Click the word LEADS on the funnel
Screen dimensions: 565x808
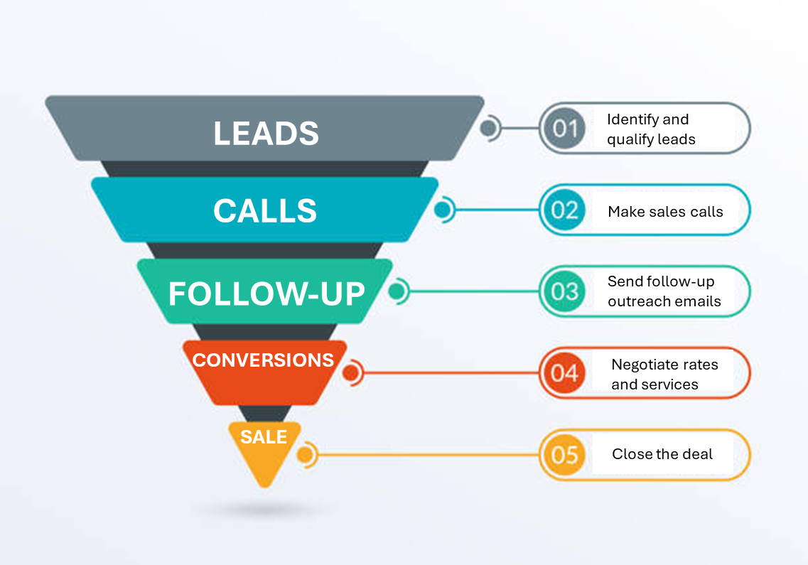pyautogui.click(x=266, y=134)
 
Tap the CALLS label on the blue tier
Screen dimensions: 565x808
pyautogui.click(x=265, y=211)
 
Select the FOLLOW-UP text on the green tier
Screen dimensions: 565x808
pyautogui.click(x=266, y=294)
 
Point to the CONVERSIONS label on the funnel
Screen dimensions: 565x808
pyautogui.click(x=263, y=360)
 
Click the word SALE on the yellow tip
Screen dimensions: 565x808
pyautogui.click(x=264, y=437)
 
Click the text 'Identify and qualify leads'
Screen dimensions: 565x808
pyautogui.click(x=650, y=129)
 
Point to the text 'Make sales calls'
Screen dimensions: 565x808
pyautogui.click(x=665, y=211)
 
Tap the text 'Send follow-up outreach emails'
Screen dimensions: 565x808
pyautogui.click(x=664, y=291)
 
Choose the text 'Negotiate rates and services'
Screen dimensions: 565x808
pyautogui.click(x=664, y=374)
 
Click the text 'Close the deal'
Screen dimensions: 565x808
pyautogui.click(x=662, y=454)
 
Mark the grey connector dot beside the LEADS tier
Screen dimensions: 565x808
pyautogui.click(x=488, y=129)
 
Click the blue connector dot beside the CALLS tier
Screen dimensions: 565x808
pyautogui.click(x=442, y=210)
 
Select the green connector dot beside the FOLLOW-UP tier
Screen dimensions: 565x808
pyautogui.click(x=396, y=291)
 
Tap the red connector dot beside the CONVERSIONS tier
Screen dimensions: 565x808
pyautogui.click(x=350, y=372)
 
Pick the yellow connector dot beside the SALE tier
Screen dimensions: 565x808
pyautogui.click(x=305, y=454)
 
